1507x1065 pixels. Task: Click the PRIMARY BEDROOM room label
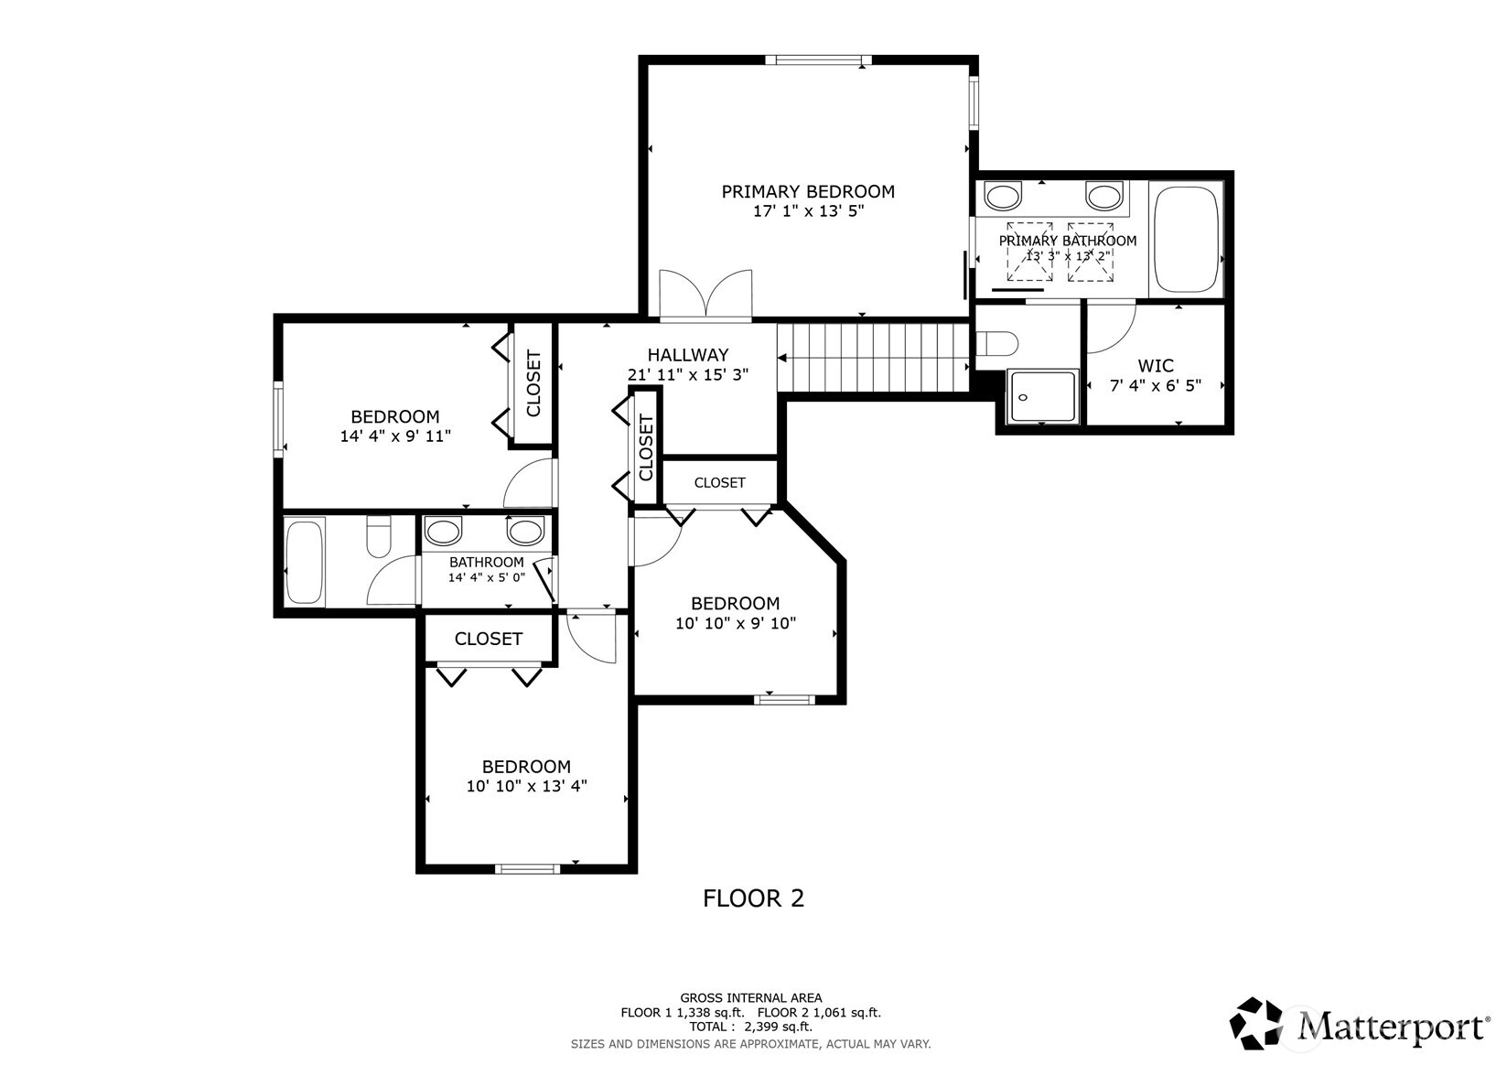click(808, 192)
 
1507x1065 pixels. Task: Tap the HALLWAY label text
click(687, 355)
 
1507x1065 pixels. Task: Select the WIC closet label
click(1156, 366)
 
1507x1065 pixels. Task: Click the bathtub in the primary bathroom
click(1186, 240)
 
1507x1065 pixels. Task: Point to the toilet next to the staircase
click(997, 343)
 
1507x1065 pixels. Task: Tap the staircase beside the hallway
click(873, 357)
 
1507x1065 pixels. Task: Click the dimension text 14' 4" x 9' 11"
click(395, 436)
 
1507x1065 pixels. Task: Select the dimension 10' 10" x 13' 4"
click(527, 786)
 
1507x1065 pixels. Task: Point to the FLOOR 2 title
click(754, 898)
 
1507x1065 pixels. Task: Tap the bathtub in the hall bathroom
click(304, 562)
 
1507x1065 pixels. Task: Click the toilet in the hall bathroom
click(379, 535)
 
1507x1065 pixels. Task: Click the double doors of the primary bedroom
click(705, 295)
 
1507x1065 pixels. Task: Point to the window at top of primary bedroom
click(818, 60)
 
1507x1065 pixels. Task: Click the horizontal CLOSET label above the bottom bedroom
click(489, 639)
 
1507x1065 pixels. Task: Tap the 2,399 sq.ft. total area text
click(778, 1027)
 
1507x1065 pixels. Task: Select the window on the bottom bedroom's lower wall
click(527, 868)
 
